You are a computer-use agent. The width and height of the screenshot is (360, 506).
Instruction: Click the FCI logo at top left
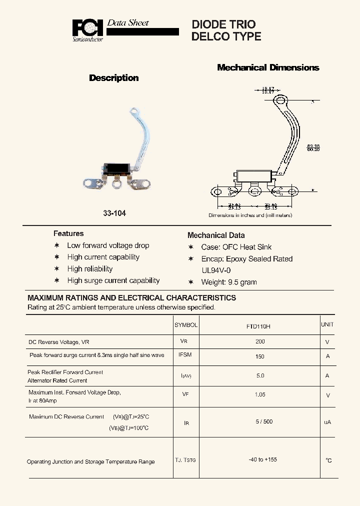click(88, 29)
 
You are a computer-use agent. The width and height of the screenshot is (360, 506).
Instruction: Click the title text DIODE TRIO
click(223, 24)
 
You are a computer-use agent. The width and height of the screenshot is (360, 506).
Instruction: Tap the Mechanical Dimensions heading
click(268, 67)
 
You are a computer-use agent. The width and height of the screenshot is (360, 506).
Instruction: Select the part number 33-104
click(114, 213)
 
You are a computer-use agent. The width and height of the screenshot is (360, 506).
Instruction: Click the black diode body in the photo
click(118, 168)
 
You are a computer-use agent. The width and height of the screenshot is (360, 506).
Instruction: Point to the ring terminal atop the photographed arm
click(135, 111)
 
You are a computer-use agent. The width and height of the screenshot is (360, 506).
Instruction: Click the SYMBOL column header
click(186, 324)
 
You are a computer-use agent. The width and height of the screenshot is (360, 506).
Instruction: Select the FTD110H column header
click(258, 326)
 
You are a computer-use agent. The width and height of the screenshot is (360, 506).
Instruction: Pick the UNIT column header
click(327, 324)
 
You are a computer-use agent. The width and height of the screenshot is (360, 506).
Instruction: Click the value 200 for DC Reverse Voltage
click(259, 341)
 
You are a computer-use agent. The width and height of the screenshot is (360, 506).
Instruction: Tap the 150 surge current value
click(259, 356)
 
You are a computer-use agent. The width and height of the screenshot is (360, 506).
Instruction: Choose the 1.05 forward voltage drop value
click(259, 394)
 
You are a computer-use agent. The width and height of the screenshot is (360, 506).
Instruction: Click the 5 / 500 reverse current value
click(264, 421)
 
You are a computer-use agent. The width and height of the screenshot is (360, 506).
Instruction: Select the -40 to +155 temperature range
click(262, 459)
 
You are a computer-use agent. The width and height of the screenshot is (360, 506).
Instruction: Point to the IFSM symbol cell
click(185, 354)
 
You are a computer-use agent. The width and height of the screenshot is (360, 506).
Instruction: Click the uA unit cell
click(327, 422)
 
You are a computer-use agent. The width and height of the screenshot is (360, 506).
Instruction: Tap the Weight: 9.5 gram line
click(228, 282)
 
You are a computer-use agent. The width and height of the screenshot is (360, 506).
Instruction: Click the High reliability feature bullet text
click(90, 268)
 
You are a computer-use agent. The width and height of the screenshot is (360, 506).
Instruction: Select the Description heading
click(113, 78)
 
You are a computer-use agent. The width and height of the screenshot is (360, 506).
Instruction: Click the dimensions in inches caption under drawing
click(250, 215)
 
